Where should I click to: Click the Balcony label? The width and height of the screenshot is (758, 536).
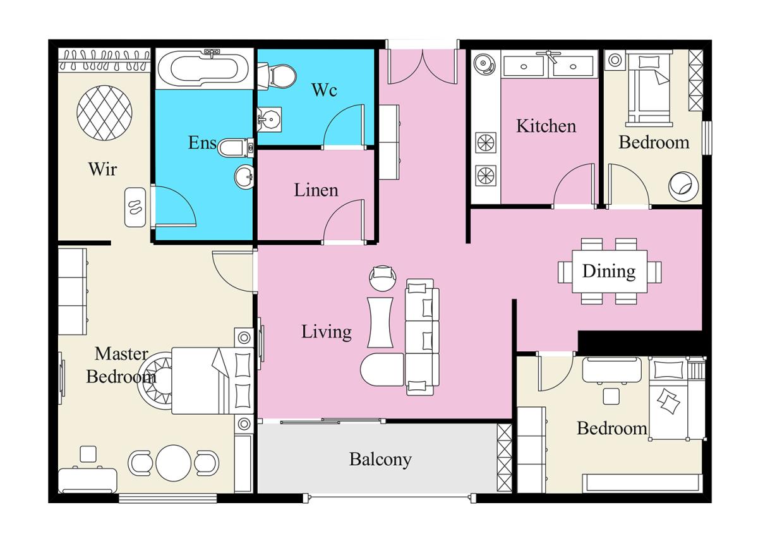380,460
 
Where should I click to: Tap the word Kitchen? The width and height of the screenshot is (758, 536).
546,126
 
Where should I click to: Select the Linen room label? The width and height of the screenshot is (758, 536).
316,190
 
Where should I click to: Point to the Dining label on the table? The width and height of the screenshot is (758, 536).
609,271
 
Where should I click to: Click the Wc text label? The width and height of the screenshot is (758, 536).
324,90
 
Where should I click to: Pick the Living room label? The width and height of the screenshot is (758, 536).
326,332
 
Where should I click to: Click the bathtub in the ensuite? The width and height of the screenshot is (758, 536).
204,69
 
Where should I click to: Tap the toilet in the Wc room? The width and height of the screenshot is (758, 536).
277,76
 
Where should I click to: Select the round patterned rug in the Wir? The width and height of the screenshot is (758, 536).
104,113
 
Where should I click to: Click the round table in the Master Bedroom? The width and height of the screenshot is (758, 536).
173,463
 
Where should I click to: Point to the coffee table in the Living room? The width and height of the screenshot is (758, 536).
380,322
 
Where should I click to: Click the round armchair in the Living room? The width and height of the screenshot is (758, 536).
383,278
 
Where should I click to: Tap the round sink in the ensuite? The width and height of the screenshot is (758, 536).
244,177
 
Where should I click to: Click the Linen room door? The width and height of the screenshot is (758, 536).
344,221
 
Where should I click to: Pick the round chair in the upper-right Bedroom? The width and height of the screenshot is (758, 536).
683,186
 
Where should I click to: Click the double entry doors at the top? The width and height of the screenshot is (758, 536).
423,67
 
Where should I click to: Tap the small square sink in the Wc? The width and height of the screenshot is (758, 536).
269,119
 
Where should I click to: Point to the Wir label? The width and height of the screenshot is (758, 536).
102,169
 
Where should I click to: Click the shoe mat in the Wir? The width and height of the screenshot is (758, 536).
135,207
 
